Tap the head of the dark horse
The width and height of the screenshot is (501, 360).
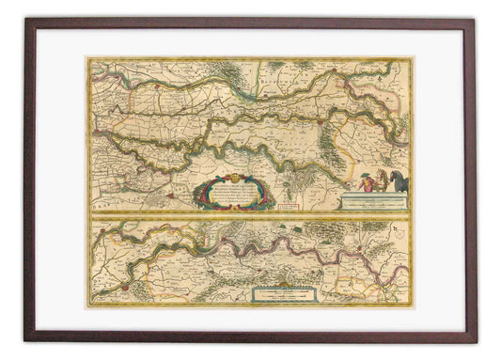[x=390, y=176]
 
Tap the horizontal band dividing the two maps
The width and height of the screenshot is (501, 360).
[x=249, y=215]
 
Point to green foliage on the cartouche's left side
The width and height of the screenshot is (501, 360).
[x=200, y=193]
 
